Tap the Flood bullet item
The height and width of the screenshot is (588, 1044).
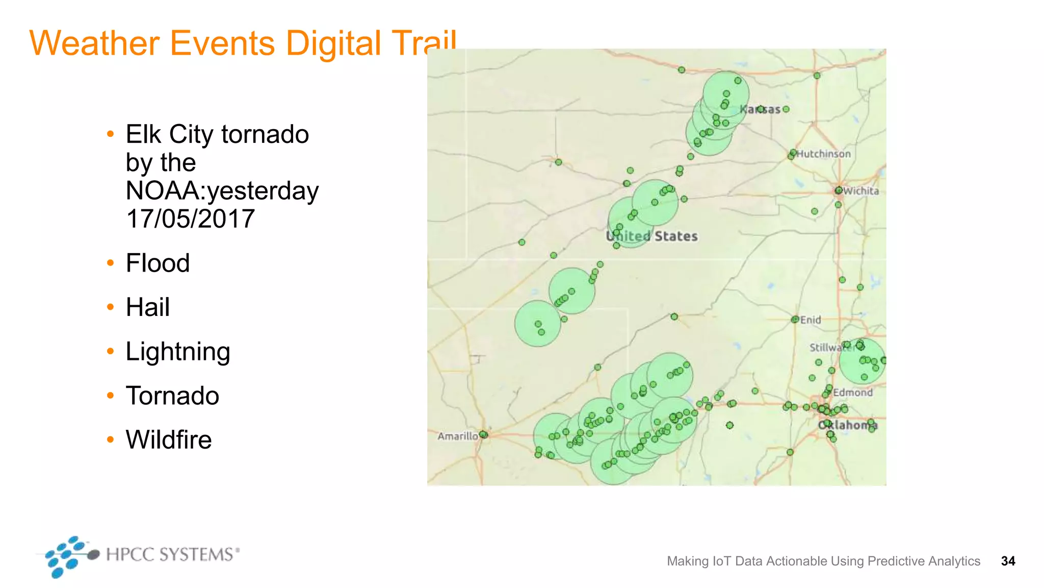[x=158, y=263]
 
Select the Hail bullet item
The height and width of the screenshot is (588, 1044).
[x=147, y=307]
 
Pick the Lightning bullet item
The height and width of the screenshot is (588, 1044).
[x=178, y=352]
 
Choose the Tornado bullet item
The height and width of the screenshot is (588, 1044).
[x=172, y=396]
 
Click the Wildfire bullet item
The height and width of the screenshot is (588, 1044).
[x=169, y=440]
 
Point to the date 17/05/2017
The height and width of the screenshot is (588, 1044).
[x=190, y=219]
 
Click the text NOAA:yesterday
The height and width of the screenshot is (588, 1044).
[x=222, y=191]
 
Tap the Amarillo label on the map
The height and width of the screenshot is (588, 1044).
[x=457, y=436]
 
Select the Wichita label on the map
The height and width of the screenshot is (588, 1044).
[x=861, y=191]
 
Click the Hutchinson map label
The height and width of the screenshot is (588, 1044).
[x=824, y=154]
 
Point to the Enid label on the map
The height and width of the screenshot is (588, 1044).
[x=811, y=320]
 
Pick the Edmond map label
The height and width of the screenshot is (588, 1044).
[x=853, y=393]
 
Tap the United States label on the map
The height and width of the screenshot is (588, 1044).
[x=652, y=236]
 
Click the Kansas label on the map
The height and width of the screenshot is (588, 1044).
[x=760, y=109]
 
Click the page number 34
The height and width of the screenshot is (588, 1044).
[x=1008, y=561]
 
